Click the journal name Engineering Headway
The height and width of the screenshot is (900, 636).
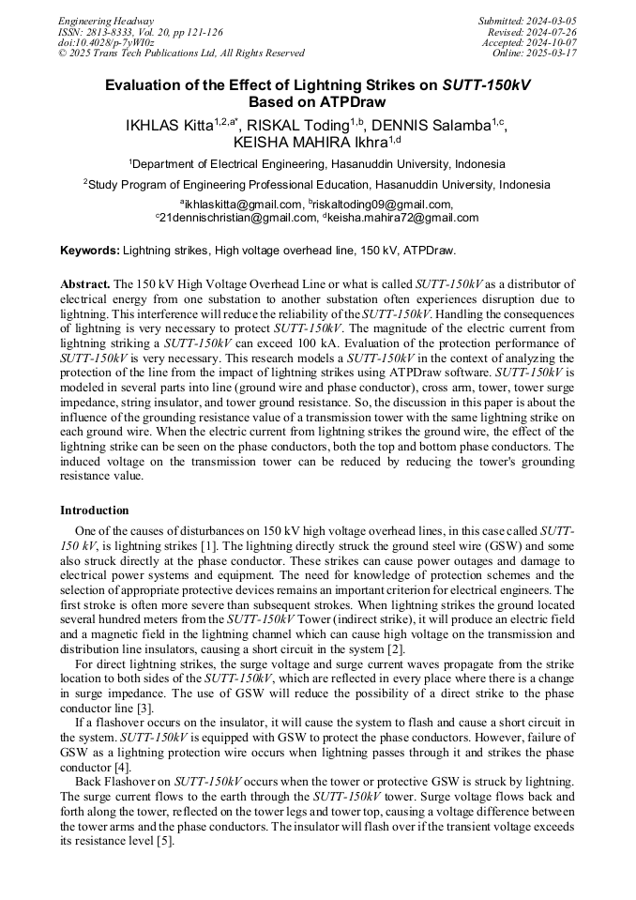coord(106,21)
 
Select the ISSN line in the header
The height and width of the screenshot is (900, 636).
coord(140,32)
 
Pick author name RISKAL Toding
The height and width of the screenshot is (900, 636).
coord(298,125)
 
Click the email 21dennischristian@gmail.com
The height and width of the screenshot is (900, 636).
coord(238,218)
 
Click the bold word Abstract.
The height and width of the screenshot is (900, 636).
coord(85,283)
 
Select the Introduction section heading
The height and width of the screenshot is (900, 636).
coord(95,511)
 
